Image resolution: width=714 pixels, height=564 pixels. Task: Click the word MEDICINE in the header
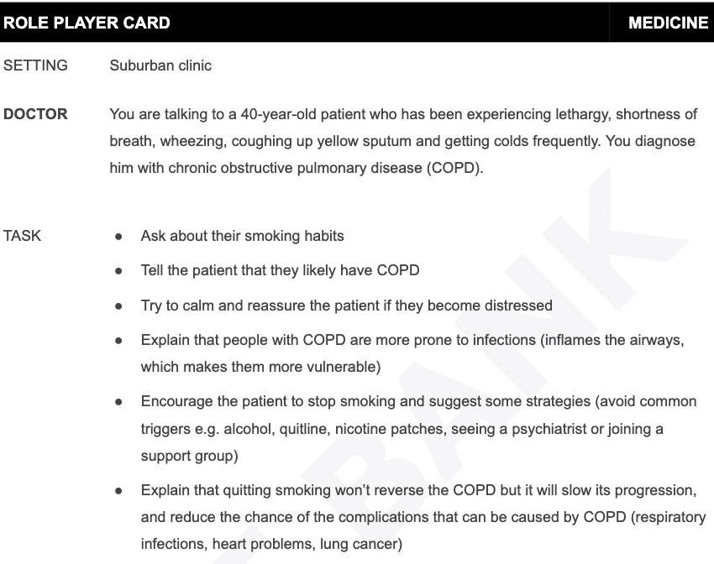(x=668, y=23)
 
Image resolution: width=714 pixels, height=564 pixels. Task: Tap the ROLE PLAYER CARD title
(x=87, y=23)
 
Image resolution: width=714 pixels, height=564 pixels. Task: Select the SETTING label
(x=35, y=65)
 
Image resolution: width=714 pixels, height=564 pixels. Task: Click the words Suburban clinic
(x=160, y=65)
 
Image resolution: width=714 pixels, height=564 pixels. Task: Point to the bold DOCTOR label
(x=35, y=114)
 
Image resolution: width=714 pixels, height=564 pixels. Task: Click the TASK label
(x=22, y=236)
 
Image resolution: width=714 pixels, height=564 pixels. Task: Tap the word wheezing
(x=197, y=141)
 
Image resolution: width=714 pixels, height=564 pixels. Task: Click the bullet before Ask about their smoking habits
(x=119, y=237)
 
